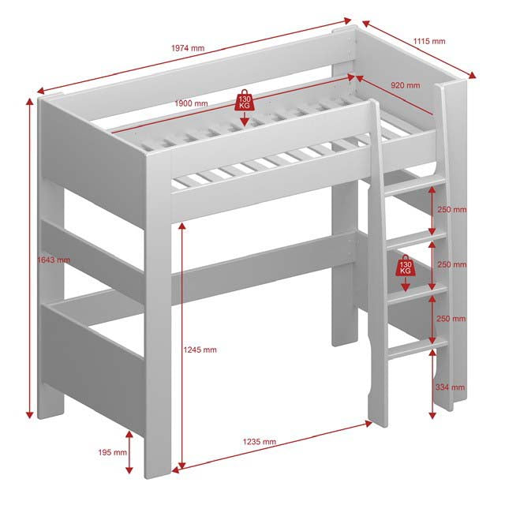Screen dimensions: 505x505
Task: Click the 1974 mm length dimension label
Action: (188, 48)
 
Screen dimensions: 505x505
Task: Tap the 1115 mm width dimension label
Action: (429, 41)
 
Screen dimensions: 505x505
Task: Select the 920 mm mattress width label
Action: (406, 85)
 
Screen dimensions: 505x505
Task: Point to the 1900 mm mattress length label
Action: (191, 103)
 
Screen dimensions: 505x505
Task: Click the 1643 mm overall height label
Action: (54, 260)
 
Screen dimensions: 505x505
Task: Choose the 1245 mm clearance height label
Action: (200, 350)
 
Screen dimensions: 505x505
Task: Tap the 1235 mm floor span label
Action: (260, 442)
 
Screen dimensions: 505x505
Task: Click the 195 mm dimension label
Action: (112, 452)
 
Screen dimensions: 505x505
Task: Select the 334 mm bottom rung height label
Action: (451, 387)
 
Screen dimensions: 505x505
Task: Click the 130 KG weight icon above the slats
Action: (245, 100)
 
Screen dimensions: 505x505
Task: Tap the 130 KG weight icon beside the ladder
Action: (406, 265)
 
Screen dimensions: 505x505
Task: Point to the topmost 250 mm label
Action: (452, 210)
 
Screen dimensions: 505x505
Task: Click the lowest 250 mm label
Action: (451, 319)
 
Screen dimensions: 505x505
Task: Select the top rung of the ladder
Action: (415, 187)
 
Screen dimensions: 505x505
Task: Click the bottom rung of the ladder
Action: (417, 348)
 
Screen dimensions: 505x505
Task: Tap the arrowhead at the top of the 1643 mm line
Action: (30, 102)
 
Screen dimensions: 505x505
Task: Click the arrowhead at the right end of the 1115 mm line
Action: (472, 76)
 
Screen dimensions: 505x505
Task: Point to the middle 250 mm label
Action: (452, 264)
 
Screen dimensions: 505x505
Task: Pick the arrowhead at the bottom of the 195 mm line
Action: (129, 469)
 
